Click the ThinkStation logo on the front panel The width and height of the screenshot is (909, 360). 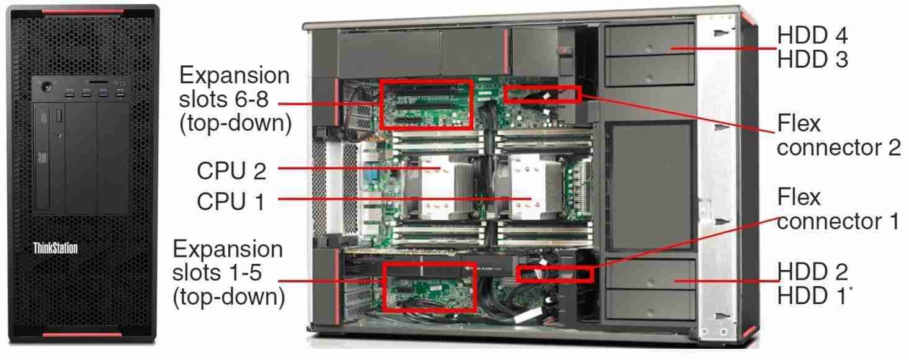55,249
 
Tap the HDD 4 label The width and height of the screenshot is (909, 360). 812,36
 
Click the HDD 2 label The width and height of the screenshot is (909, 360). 812,272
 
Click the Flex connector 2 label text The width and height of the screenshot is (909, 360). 838,136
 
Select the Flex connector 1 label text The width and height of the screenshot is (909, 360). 838,209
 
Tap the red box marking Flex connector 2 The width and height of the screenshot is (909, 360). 542,94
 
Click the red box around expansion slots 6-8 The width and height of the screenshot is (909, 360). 426,104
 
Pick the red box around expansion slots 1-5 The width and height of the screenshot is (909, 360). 429,287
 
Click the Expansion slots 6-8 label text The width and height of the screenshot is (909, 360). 235,99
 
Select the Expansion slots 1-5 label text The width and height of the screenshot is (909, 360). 228,273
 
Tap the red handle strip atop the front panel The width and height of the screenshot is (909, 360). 82,11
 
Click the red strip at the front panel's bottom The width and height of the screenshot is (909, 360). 82,335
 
